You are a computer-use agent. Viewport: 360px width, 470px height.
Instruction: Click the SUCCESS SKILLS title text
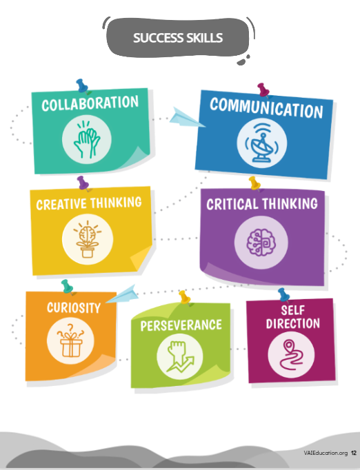click(178, 38)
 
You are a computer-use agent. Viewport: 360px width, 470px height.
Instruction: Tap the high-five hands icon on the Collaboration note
click(87, 139)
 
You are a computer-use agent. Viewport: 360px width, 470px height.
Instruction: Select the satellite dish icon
click(261, 143)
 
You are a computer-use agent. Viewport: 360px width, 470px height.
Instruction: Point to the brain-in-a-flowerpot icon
click(88, 239)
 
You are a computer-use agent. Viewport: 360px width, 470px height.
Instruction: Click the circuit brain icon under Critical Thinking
click(261, 243)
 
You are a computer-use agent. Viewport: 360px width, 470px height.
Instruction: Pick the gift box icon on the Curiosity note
click(70, 341)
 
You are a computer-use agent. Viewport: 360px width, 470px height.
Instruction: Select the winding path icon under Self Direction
click(291, 355)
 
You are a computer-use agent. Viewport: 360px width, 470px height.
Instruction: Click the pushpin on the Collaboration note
click(82, 86)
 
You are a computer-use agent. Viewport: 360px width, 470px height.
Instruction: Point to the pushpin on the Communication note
click(263, 90)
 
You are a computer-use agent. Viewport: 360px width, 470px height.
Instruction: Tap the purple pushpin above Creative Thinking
click(83, 183)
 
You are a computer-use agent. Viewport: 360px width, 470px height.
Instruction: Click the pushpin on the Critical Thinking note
click(254, 184)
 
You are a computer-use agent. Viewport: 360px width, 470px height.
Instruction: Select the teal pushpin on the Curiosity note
click(68, 287)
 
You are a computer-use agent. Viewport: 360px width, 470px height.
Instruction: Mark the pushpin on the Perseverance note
click(185, 298)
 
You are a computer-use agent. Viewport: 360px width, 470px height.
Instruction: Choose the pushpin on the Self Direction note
click(283, 295)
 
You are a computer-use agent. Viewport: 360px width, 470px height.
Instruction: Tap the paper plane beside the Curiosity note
click(122, 294)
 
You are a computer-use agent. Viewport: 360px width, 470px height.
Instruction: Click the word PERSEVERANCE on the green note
click(181, 326)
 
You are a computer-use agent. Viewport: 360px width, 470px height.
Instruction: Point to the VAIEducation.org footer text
click(326, 453)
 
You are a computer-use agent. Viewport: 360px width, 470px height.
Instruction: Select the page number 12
click(354, 453)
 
